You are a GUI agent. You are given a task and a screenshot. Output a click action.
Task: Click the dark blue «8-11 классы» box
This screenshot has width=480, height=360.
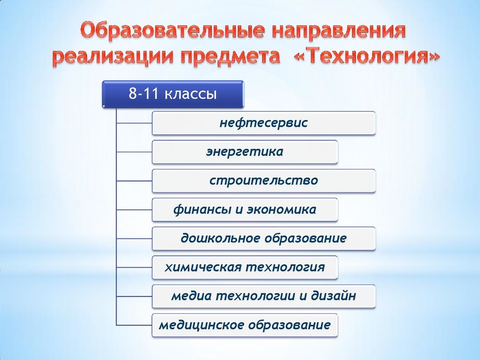coord(173,94)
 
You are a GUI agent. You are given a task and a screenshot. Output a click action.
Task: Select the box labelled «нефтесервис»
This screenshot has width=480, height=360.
coord(263,123)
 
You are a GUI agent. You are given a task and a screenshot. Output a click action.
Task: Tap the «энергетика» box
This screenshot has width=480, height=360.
coord(245,152)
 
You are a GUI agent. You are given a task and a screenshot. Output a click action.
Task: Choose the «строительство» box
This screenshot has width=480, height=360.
coord(263,181)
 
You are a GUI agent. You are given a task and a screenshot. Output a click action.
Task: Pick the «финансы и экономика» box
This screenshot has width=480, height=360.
coord(245,210)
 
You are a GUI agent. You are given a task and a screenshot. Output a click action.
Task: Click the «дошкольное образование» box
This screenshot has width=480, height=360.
coord(263,238)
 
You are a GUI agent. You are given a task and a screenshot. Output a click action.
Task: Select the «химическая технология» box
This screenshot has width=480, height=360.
coord(245,267)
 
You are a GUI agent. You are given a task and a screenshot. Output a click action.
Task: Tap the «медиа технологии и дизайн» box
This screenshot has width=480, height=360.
coord(263,296)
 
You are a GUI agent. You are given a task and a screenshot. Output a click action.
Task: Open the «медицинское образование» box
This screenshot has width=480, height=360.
coord(245,325)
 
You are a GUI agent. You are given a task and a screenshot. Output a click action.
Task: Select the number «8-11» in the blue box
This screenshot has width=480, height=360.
coord(143,94)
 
